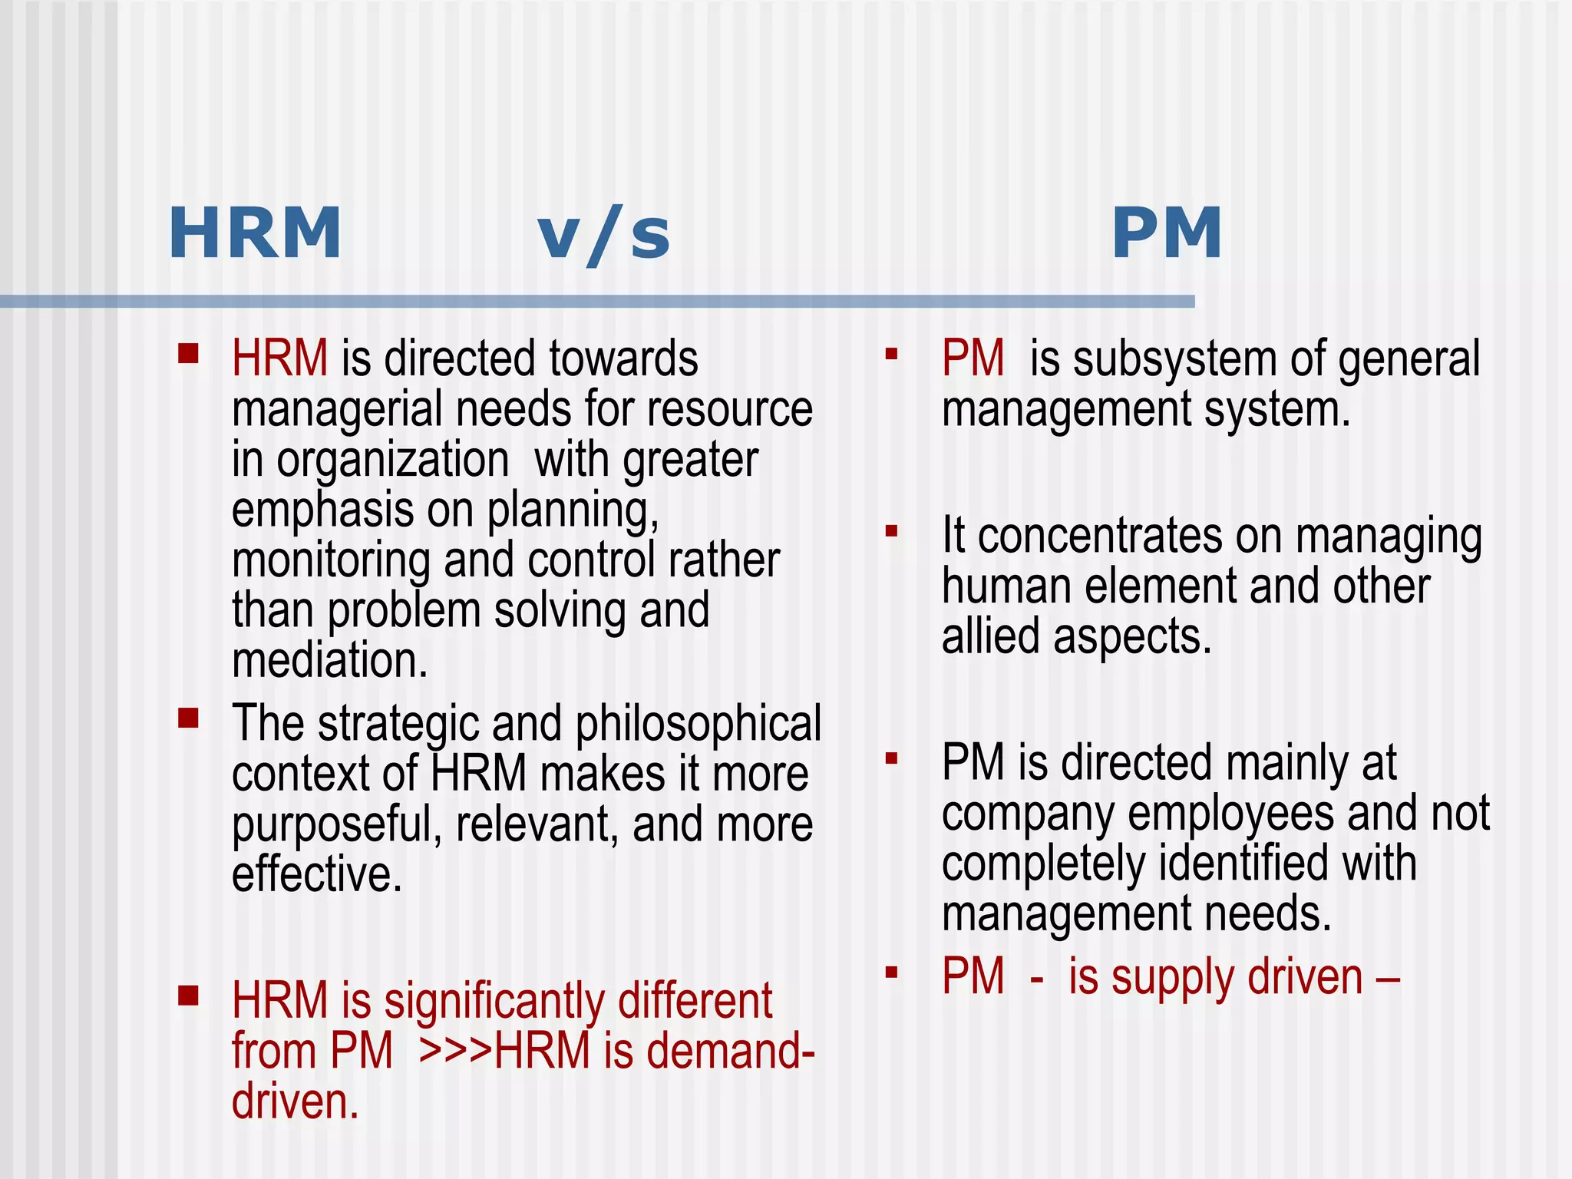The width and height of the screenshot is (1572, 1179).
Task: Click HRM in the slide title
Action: (255, 233)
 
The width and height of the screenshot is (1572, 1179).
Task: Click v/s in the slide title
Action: (604, 235)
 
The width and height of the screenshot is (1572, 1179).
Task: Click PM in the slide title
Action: (1167, 233)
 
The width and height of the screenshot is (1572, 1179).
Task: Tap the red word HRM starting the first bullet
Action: (279, 358)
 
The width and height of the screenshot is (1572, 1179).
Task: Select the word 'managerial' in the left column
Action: (337, 410)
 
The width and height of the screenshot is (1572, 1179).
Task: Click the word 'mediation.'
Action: (329, 660)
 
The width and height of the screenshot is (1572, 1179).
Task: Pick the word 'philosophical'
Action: (698, 723)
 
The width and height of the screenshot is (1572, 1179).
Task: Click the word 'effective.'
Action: (317, 874)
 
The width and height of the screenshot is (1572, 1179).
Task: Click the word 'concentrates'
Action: (1099, 536)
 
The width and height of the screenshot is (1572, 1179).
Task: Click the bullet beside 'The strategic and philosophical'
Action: (188, 718)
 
